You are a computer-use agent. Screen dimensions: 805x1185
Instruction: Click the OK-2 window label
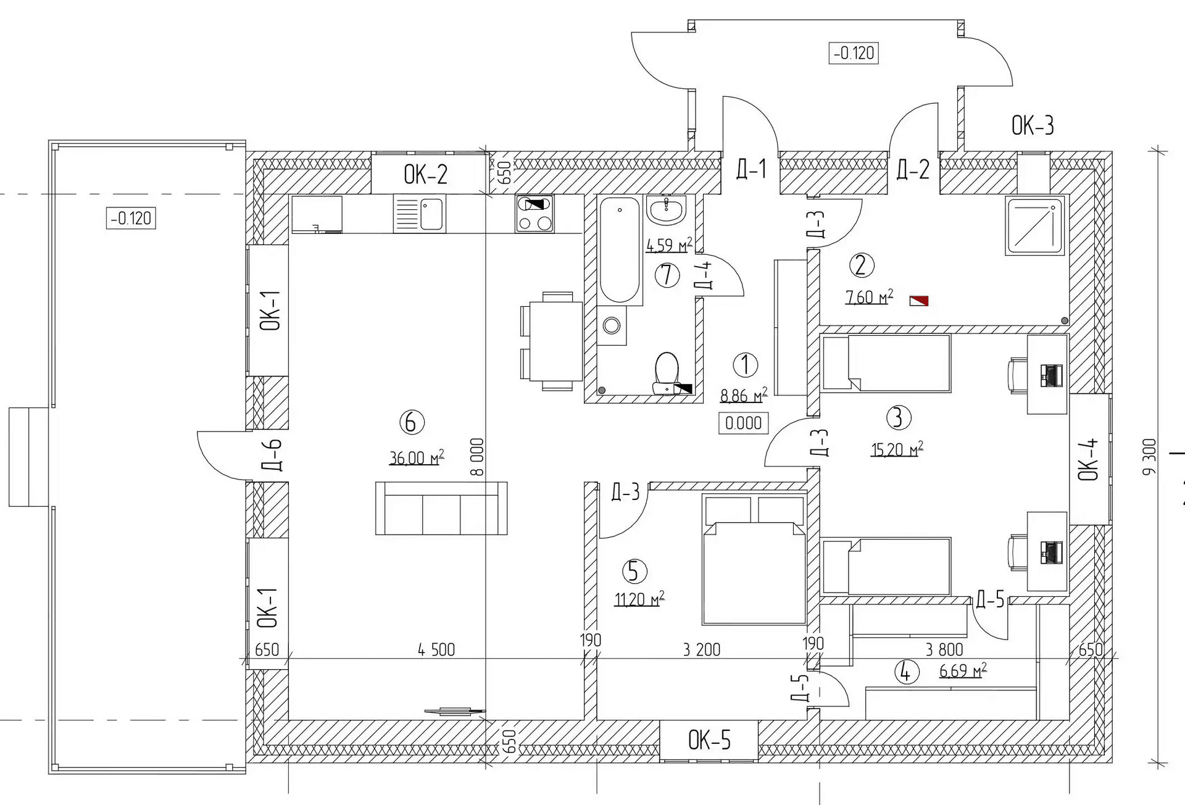pos(425,175)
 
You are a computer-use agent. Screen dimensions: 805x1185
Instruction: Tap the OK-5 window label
pos(709,740)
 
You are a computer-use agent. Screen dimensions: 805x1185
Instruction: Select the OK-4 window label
pos(1089,459)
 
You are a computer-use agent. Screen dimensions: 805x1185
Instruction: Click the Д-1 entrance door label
pos(751,169)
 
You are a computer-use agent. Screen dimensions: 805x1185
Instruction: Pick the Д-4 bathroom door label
pos(703,275)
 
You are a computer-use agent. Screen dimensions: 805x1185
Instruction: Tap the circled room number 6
pos(412,422)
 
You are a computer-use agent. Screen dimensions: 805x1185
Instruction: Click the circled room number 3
pos(898,417)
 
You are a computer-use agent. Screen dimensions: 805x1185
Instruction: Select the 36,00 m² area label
pos(416,457)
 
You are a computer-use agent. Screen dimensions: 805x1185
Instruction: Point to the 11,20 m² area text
pos(639,599)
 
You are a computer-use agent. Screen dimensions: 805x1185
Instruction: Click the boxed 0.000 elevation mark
pos(743,423)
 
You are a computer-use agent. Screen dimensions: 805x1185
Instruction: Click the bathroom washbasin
pos(666,209)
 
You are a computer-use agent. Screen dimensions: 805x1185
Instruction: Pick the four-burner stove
pos(534,214)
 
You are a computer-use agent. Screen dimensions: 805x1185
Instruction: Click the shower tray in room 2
pos(1034,225)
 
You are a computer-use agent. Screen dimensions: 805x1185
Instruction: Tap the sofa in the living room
pos(441,508)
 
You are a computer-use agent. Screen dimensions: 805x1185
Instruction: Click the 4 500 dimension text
pos(436,649)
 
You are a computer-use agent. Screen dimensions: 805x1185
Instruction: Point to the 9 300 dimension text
pos(1149,456)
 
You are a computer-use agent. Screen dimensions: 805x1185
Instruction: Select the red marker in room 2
pos(919,301)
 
